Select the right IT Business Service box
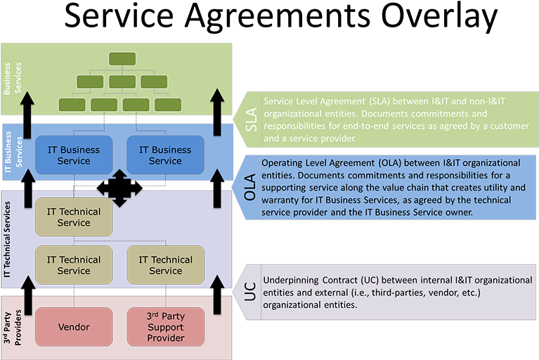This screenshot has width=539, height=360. tap(165, 155)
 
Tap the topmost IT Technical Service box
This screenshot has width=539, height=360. tap(74, 217)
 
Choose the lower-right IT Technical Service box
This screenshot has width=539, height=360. tap(166, 265)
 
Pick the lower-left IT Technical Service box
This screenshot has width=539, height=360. tap(74, 265)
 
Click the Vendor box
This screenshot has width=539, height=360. tap(74, 328)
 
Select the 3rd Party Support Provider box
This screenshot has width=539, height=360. tap(166, 328)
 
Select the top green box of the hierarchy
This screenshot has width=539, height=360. tap(122, 58)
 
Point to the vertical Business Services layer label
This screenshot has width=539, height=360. tap(13, 79)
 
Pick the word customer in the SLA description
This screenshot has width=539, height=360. tap(507, 125)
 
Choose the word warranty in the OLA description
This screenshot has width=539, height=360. tap(283, 200)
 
